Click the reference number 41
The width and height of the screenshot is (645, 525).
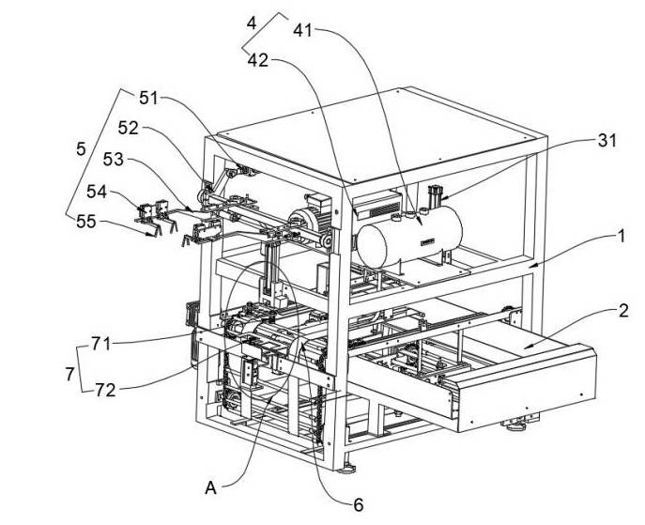[302, 30]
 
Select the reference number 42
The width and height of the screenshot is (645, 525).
[258, 61]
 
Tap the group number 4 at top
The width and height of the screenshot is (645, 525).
[252, 23]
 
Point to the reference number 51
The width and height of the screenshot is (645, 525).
[148, 99]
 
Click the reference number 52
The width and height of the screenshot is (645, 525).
[128, 129]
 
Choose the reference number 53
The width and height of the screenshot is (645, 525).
[113, 160]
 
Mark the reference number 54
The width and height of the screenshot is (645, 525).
[97, 192]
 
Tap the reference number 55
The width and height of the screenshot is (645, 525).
[86, 223]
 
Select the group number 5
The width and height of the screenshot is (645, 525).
[81, 149]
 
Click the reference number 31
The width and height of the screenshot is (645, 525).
[607, 141]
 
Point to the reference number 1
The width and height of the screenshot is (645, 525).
[621, 237]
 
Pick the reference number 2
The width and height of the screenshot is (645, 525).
[623, 311]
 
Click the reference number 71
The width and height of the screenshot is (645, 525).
[100, 344]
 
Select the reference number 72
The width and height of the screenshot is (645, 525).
[105, 390]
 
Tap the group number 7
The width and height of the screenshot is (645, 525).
[69, 375]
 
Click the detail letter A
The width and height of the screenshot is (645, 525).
[210, 488]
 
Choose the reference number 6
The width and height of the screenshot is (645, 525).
[359, 505]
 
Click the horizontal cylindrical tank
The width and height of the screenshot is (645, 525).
[409, 236]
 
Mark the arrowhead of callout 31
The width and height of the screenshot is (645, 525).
[439, 200]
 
